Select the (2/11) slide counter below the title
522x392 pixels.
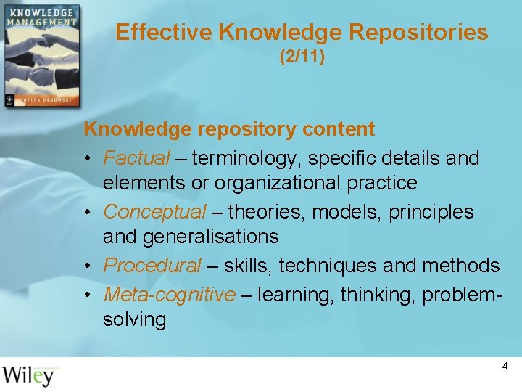click(302, 56)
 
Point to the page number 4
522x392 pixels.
click(505, 367)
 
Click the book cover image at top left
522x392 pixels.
click(41, 56)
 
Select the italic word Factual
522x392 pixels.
click(136, 158)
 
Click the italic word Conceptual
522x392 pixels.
click(154, 212)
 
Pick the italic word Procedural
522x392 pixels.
click(152, 266)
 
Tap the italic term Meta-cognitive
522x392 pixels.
click(169, 294)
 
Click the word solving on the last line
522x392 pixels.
click(134, 319)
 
